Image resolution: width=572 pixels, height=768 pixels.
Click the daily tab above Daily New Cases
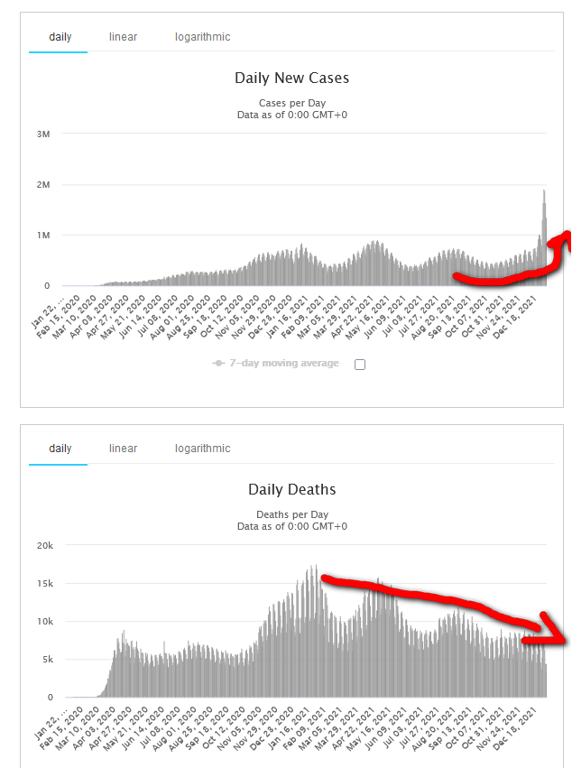[x=60, y=37]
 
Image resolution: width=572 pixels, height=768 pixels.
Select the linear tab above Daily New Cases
[x=123, y=37]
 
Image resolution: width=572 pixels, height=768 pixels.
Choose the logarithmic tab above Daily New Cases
[x=202, y=37]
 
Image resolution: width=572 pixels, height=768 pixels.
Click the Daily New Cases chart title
[x=291, y=79]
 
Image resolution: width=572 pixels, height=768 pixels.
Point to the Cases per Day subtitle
[x=291, y=103]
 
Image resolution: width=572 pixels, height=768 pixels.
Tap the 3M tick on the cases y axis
[x=42, y=134]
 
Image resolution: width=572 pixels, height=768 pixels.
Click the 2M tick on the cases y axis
[x=42, y=185]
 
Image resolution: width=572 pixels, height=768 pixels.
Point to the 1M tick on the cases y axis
[x=42, y=236]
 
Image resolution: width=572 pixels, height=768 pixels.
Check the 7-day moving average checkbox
[x=360, y=365]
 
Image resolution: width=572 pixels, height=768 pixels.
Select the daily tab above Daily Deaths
[x=60, y=449]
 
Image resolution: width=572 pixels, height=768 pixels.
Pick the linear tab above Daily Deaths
[x=123, y=449]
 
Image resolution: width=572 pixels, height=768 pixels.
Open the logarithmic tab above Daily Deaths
[x=202, y=449]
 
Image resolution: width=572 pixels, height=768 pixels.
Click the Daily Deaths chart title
[x=291, y=490]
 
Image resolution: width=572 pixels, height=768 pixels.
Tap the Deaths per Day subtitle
[x=291, y=514]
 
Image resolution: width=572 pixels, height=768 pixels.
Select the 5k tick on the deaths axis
[x=46, y=660]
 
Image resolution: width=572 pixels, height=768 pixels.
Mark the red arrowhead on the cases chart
[x=563, y=239]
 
